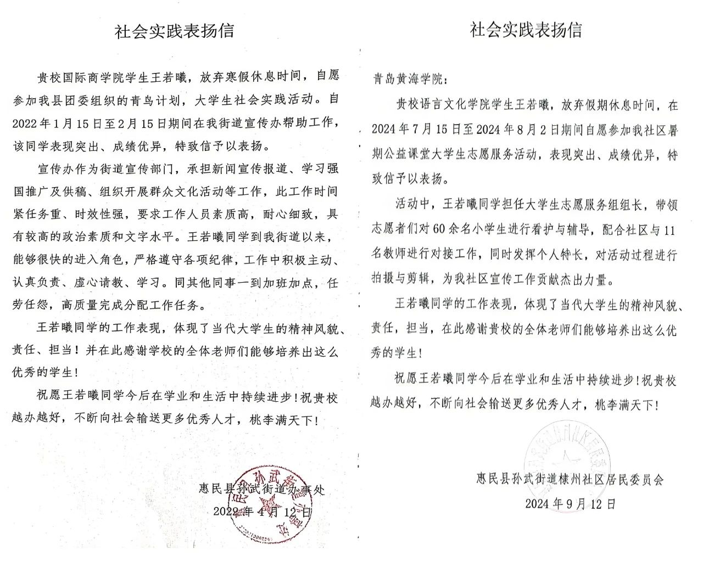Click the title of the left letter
tap(174, 31)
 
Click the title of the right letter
tap(526, 30)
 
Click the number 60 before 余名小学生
tap(439, 230)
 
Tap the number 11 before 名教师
tap(668, 231)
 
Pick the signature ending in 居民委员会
tap(570, 479)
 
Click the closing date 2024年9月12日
tap(570, 503)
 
